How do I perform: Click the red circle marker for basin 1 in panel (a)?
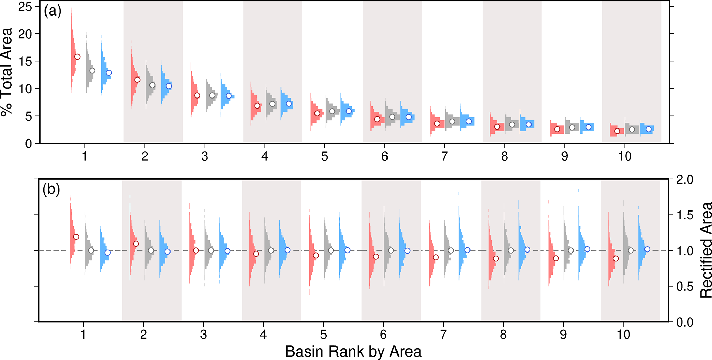coord(77,56)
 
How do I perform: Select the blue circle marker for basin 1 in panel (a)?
coord(109,73)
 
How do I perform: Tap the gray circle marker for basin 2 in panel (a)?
coord(152,85)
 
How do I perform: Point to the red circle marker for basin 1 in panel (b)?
coord(76,237)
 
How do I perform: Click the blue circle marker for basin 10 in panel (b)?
coord(647,249)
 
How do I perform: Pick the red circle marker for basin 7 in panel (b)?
coord(436,257)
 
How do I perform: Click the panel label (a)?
coord(52,12)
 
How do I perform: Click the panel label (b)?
coord(51,189)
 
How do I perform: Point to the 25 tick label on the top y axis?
coord(25,7)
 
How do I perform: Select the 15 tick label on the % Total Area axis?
coord(25,61)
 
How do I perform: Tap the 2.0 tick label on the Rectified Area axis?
coord(685,179)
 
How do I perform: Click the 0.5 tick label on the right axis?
coord(685,286)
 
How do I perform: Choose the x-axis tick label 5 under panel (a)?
coord(324,156)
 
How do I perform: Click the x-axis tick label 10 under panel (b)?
coord(623,334)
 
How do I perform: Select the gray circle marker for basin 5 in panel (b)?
coord(331,250)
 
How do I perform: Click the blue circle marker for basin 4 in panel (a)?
coord(289,104)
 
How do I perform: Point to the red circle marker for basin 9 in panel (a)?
coord(557,129)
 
